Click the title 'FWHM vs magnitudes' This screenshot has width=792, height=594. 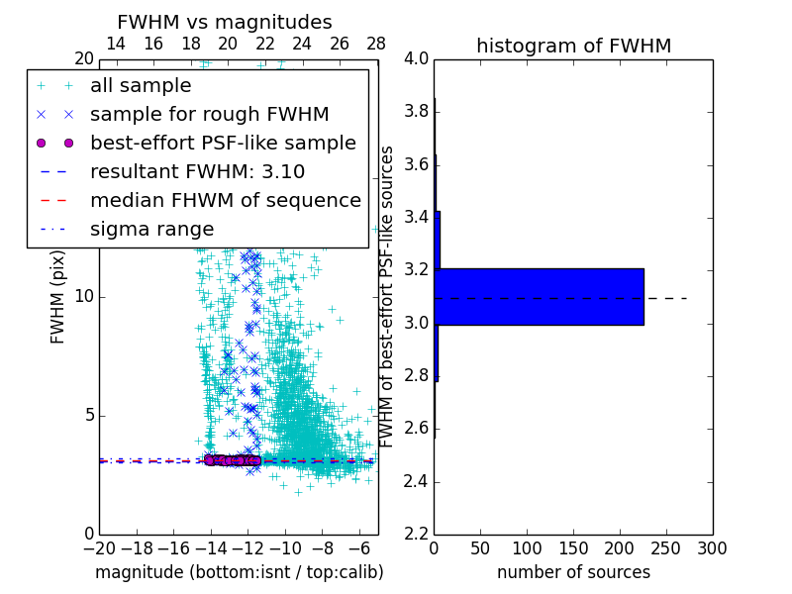(x=225, y=22)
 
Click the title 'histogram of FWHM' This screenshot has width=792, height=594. (x=573, y=46)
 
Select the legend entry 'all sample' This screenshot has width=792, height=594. (x=141, y=86)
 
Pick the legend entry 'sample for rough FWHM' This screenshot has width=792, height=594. (x=209, y=115)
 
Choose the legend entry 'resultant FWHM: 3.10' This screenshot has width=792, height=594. (x=197, y=172)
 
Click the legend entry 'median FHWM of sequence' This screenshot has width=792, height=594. (x=225, y=201)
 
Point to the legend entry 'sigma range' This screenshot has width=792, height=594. (x=151, y=230)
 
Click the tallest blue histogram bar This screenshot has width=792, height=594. (x=540, y=296)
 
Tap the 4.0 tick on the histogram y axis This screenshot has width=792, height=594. (x=417, y=58)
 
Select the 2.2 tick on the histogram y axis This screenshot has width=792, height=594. (x=417, y=535)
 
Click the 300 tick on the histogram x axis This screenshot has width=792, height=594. (x=713, y=548)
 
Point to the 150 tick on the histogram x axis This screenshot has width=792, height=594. (x=573, y=548)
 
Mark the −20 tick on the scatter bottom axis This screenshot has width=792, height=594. (x=99, y=548)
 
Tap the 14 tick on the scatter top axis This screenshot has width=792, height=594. (x=116, y=44)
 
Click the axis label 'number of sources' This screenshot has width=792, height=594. (x=573, y=572)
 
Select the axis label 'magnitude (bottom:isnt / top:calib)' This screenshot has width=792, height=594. (x=239, y=572)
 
